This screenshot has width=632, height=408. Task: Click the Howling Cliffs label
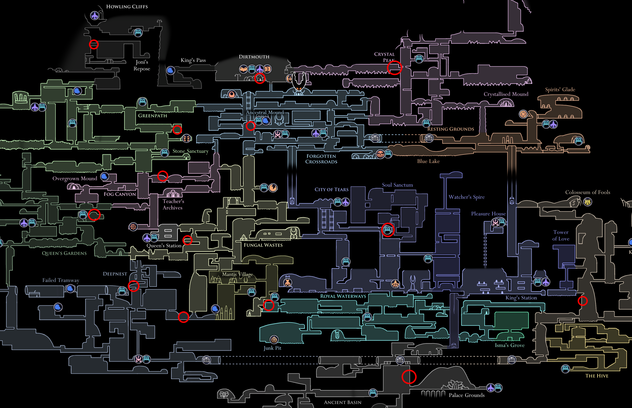coord(127,7)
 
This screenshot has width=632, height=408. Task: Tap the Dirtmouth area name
coord(254,57)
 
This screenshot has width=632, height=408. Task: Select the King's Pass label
coord(193,60)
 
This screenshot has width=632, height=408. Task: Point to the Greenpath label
coord(152,115)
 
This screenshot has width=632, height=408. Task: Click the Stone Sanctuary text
coord(190,151)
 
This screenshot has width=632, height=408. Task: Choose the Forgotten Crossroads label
coord(321,159)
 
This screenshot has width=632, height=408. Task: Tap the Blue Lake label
coord(428,161)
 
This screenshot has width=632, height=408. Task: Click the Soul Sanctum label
coord(397,185)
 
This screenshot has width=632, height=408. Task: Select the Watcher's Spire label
coord(467,197)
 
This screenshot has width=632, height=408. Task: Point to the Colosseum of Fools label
coord(588,192)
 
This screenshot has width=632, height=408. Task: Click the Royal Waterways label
coord(343,296)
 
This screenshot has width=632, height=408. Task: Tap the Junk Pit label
coord(272,348)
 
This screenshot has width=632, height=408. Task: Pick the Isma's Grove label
coord(510,345)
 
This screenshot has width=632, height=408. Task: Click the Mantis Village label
coord(237,274)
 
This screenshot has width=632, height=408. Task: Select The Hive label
coord(597,376)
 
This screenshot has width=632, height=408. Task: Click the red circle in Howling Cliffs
coord(94,44)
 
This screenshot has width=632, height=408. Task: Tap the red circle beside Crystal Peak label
coord(395,68)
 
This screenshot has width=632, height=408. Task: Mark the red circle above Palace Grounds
coord(409,377)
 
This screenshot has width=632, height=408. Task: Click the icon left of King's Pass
coord(170,71)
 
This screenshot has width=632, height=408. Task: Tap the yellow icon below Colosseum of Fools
coord(588,202)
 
